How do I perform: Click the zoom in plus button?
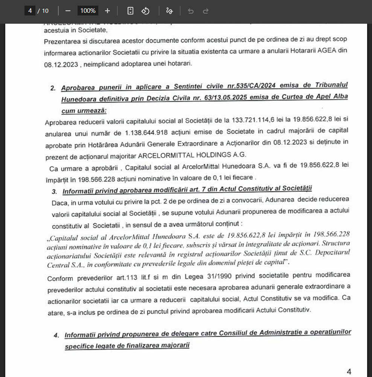tap(107, 11)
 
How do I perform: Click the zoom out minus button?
tap(68, 11)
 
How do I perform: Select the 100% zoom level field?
tap(87, 11)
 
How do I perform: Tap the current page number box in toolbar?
tap(30, 11)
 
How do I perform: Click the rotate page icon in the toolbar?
tap(145, 11)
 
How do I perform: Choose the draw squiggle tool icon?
tap(169, 11)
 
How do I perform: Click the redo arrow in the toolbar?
tap(206, 11)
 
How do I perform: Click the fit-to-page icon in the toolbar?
tap(130, 11)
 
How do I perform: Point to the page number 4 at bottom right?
tap(349, 372)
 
